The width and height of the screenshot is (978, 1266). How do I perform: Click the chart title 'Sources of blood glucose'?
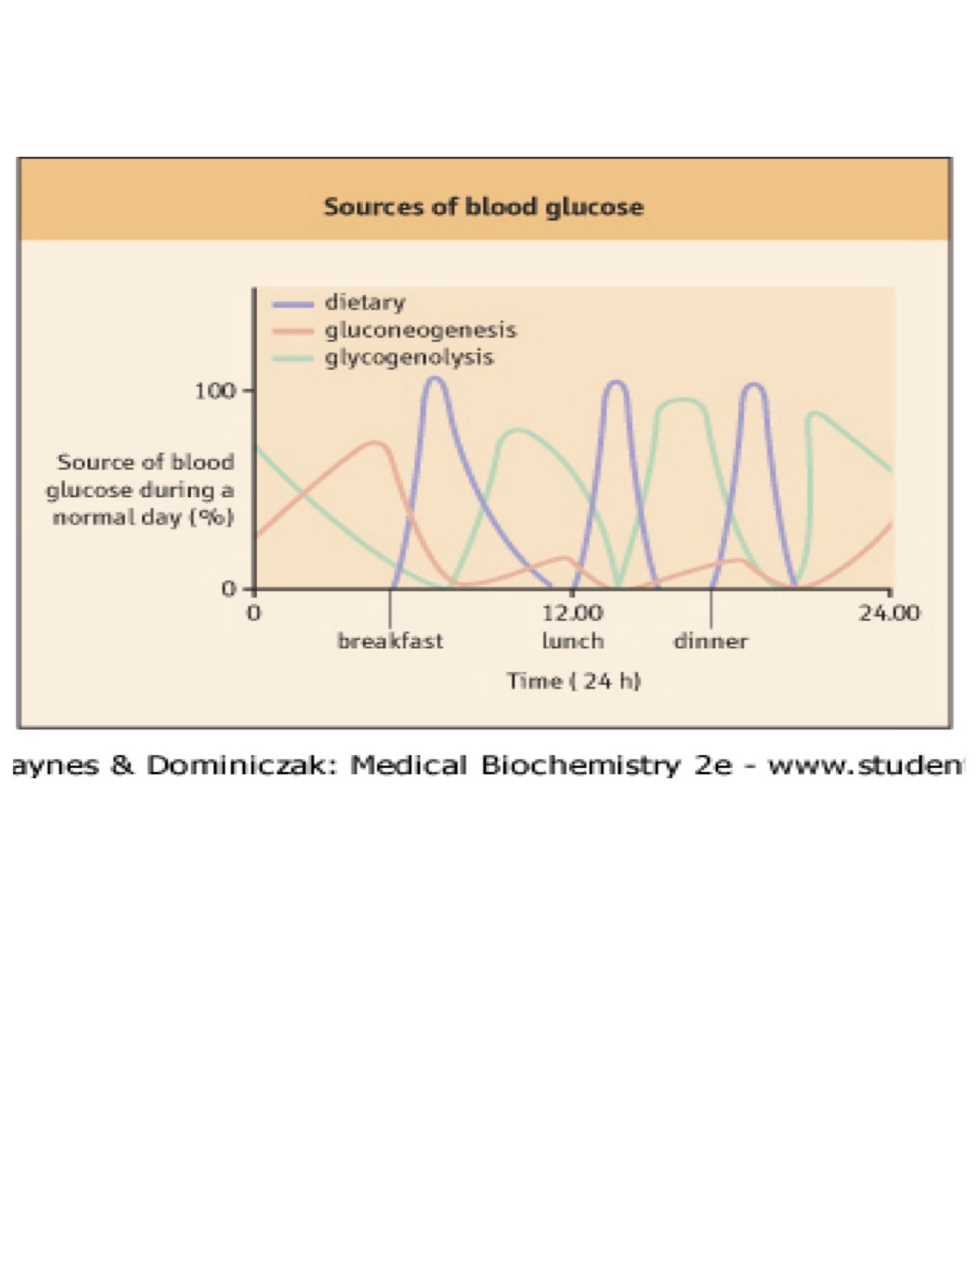click(x=483, y=206)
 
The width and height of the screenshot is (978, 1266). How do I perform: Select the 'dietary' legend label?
click(x=364, y=302)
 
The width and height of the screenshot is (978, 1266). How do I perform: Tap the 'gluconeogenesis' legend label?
click(x=420, y=329)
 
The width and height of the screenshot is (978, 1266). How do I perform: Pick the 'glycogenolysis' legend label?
click(x=409, y=357)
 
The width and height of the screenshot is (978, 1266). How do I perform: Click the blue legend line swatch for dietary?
click(x=292, y=304)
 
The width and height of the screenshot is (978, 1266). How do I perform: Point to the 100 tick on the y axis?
click(x=215, y=391)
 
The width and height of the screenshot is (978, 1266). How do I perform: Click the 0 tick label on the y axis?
click(x=229, y=588)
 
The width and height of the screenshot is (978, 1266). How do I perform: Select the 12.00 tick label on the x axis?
click(x=572, y=612)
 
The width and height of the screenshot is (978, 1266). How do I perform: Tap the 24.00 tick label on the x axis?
click(x=888, y=612)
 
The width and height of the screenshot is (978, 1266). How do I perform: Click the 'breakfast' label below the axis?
click(x=390, y=641)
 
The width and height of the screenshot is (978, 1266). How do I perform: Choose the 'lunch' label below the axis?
click(x=572, y=641)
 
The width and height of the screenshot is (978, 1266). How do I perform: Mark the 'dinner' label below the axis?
click(x=710, y=641)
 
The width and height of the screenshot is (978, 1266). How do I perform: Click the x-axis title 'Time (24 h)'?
click(x=573, y=681)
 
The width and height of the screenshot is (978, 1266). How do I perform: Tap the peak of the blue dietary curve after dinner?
click(x=753, y=384)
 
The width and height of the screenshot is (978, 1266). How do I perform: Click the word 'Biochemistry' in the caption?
click(x=580, y=765)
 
